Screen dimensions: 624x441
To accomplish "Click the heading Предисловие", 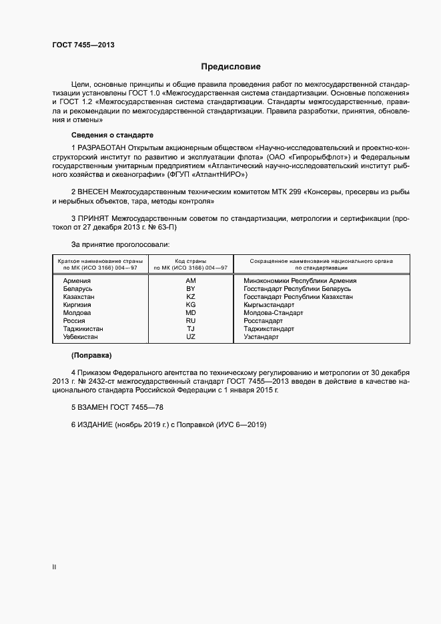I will click(231, 67).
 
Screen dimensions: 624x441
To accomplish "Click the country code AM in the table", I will click(191, 281).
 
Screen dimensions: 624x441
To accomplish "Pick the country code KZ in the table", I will click(191, 297).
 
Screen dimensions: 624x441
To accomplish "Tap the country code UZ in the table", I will click(191, 337).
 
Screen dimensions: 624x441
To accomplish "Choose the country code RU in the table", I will click(191, 321).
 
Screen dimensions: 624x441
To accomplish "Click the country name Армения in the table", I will click(77, 281).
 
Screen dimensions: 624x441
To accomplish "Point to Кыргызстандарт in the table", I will click(269, 305).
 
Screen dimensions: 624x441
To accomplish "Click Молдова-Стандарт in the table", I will click(274, 313).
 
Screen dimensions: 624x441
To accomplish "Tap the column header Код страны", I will click(191, 261).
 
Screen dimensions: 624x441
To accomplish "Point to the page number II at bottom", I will click(54, 567).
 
